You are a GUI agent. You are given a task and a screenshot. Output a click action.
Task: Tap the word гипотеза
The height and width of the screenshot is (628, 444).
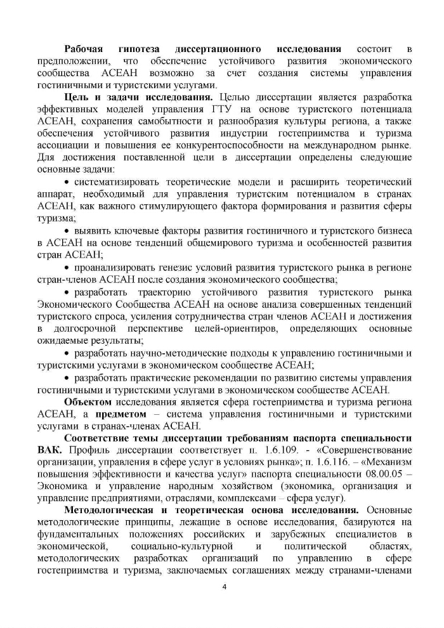[x=140, y=49]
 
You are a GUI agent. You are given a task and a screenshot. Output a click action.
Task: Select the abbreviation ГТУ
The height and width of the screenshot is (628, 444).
[x=202, y=109]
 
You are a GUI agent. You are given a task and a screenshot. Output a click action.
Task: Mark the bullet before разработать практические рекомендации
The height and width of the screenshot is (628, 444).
[x=69, y=377]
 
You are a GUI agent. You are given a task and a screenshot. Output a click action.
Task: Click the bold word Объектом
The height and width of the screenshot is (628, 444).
[x=88, y=402]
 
